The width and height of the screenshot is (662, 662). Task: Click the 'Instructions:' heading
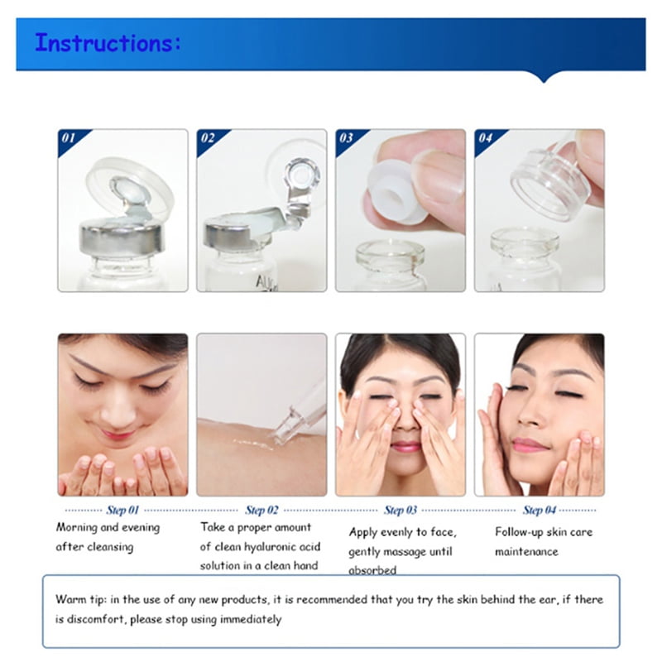(108, 43)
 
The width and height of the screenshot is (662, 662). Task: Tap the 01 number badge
(69, 138)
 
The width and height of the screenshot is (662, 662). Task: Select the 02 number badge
(208, 138)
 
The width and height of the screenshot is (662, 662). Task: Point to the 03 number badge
(346, 138)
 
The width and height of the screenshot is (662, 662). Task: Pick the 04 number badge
(485, 138)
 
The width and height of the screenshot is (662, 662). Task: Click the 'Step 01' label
(122, 510)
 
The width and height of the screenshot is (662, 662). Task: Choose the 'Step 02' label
(261, 510)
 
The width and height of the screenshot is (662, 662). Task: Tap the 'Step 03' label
(401, 510)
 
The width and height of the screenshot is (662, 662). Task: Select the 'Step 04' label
(540, 510)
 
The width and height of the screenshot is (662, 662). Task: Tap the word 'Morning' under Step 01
(76, 528)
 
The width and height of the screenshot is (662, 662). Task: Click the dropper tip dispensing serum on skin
(282, 435)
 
